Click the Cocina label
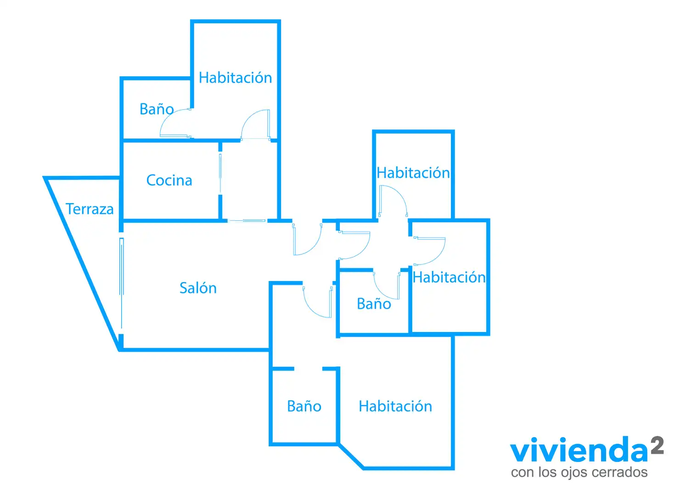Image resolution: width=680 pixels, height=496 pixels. click(x=169, y=180)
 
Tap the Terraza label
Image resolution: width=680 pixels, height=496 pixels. click(x=90, y=209)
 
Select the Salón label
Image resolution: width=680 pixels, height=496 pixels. click(x=198, y=287)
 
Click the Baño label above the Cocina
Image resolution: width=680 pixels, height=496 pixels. click(x=157, y=109)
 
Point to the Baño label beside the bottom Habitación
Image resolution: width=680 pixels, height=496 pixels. click(x=304, y=406)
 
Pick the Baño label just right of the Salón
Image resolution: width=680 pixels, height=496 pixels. click(x=374, y=304)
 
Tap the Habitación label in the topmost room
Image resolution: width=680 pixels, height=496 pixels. click(x=235, y=78)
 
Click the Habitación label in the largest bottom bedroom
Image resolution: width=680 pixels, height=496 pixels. click(x=395, y=406)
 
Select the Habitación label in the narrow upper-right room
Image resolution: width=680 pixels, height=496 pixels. click(x=413, y=173)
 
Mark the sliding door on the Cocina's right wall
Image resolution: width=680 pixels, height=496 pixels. click(x=220, y=174)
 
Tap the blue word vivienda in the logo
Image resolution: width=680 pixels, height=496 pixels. click(x=579, y=450)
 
